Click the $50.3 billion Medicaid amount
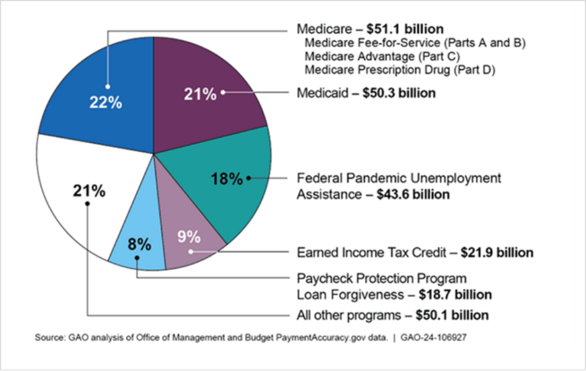399,93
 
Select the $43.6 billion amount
413,195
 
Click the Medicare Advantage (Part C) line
382,57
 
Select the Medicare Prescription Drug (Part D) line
399,70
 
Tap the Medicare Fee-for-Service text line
415,44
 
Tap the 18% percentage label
227,179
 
